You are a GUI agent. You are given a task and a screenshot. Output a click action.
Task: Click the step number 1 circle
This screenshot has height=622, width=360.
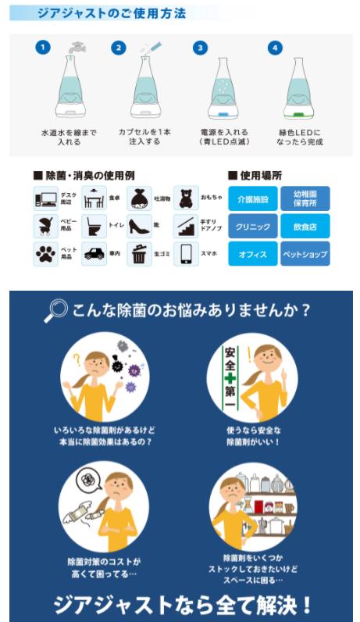(43, 48)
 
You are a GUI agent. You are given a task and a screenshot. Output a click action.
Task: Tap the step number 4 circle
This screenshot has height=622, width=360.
(274, 48)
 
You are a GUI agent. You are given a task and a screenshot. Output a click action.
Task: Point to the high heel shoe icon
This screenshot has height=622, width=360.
(139, 227)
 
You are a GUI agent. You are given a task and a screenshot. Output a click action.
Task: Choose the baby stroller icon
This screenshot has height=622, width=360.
(45, 227)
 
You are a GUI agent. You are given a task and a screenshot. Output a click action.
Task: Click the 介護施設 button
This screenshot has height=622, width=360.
(252, 199)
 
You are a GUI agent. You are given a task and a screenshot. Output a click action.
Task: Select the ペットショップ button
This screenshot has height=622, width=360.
(305, 254)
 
